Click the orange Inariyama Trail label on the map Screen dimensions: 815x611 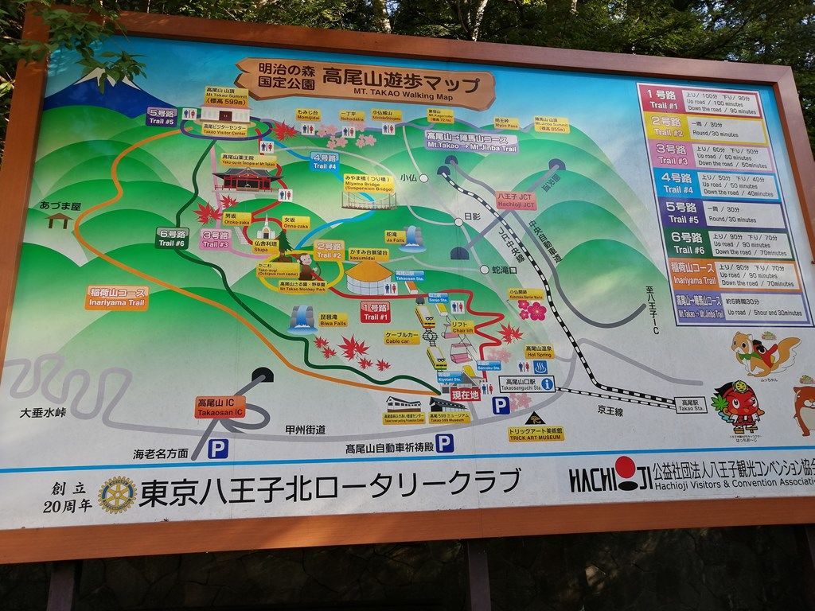tap(116, 298)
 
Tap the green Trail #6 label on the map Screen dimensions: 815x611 tap(172, 238)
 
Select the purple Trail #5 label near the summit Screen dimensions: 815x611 tap(162, 116)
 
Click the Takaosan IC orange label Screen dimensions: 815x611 tap(220, 407)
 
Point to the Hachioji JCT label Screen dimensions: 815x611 tap(516, 200)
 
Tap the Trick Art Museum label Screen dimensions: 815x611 tap(535, 434)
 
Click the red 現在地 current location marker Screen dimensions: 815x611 tap(465, 394)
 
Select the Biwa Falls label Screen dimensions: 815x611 tap(333, 321)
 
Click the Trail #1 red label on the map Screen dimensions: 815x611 tap(376, 312)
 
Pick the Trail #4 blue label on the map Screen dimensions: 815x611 tap(325, 161)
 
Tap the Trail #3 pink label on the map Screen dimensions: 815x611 tap(216, 239)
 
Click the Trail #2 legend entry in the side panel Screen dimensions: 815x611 tap(704, 128)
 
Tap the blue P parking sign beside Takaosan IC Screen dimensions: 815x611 tap(217, 449)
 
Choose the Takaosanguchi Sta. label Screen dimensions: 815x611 tap(526, 383)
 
